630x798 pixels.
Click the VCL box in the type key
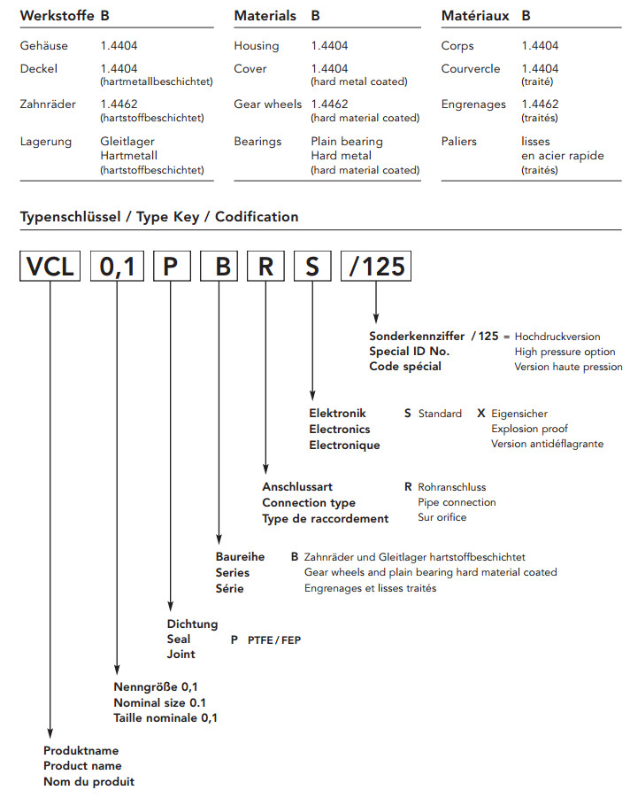(x=50, y=267)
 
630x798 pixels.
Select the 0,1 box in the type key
(x=117, y=267)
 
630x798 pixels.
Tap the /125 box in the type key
(x=376, y=267)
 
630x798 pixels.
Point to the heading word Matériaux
(x=475, y=16)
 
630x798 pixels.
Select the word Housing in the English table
(x=257, y=45)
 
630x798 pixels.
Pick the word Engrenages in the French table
(x=473, y=105)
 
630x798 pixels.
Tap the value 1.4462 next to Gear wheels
(x=328, y=105)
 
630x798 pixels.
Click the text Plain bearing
(x=347, y=142)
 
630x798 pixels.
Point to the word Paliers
(x=459, y=142)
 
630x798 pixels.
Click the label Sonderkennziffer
(x=417, y=337)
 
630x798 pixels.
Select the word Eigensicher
(x=519, y=414)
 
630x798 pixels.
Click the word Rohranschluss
(x=452, y=487)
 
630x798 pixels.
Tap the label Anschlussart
(x=299, y=487)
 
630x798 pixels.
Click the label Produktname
(x=82, y=751)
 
